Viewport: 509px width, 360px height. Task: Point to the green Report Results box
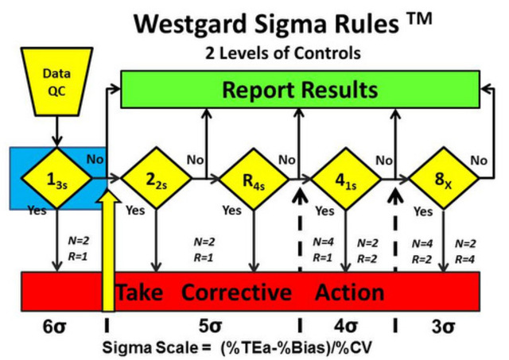[299, 89]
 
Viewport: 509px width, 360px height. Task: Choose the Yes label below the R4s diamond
[231, 211]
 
